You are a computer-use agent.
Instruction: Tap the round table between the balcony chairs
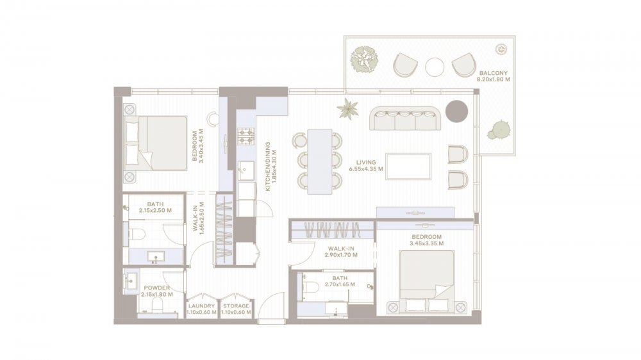pos(435,67)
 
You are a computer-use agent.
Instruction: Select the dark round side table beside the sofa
pos(456,110)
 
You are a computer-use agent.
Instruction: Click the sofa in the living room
pos(404,118)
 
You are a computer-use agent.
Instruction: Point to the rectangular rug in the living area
pos(408,167)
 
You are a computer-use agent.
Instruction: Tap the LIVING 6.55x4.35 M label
pos(366,165)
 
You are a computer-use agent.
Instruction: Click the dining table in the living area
pos(319,162)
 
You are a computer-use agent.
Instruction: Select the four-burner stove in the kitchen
pos(246,136)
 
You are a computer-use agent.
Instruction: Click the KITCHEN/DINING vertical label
pos(271,167)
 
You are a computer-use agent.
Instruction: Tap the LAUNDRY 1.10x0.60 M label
pos(201,309)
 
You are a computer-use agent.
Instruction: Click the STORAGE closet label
pos(236,306)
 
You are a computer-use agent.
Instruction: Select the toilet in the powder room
pos(156,306)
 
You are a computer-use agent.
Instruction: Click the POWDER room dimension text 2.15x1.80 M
pos(157,294)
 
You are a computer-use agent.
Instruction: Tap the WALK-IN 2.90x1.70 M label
pos(341,251)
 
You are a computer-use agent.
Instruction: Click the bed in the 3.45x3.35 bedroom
pos(427,281)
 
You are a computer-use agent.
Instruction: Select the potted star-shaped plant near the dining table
pos(348,109)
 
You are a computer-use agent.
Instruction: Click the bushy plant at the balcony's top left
pos(365,60)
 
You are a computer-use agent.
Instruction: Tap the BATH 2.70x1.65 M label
pos(340,282)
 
